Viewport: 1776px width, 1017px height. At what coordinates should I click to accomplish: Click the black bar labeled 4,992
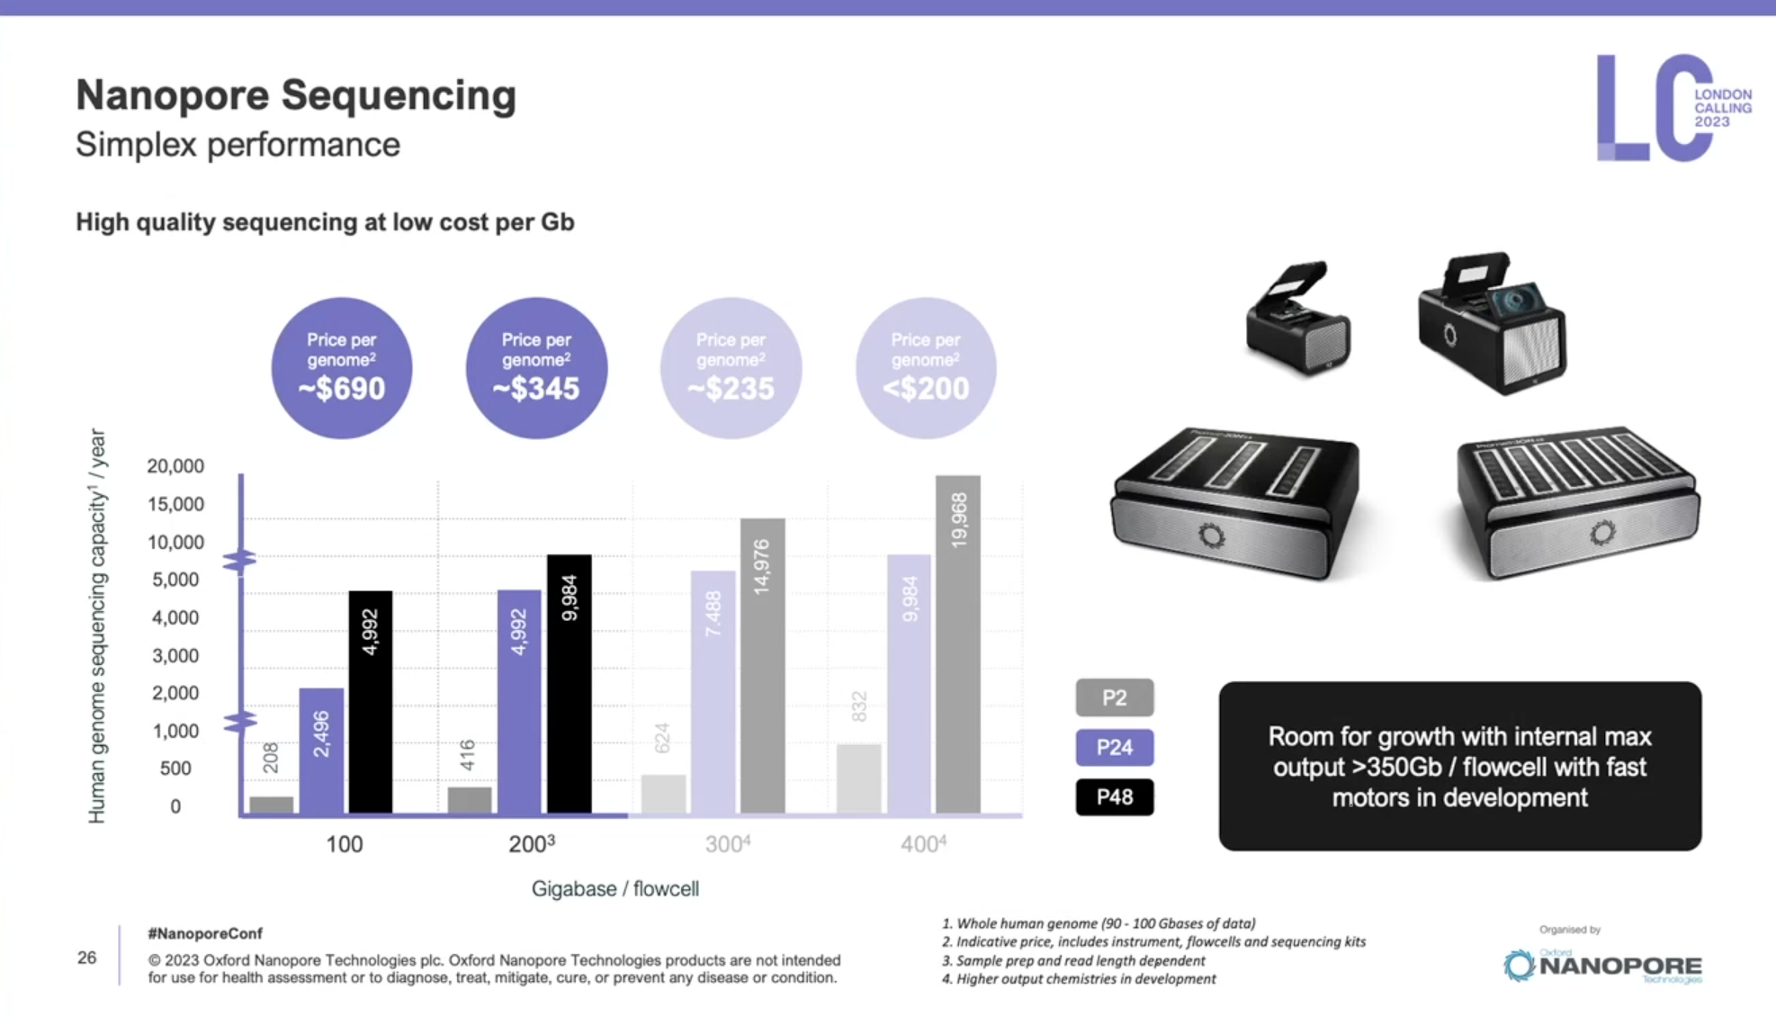(370, 702)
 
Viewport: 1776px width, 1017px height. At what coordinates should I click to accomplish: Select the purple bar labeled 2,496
(321, 751)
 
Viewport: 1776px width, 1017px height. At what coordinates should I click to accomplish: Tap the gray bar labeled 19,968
(958, 644)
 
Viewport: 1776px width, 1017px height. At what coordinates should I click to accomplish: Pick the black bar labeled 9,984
(569, 684)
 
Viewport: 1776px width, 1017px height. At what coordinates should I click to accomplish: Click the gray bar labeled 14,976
(762, 666)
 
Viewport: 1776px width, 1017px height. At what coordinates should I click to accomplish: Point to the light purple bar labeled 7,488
(713, 692)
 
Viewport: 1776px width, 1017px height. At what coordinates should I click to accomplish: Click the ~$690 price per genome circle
(342, 368)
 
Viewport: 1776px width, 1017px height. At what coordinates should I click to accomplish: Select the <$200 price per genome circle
(925, 368)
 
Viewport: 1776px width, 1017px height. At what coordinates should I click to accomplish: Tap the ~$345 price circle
(536, 368)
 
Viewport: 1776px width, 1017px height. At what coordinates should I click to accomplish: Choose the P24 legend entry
(1114, 747)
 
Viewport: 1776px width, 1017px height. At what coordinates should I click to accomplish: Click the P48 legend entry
(1114, 797)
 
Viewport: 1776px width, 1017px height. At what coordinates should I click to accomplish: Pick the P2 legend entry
(1114, 697)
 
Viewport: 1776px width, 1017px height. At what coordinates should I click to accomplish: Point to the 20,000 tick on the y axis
(175, 466)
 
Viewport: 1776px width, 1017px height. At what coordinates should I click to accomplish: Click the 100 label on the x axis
(345, 844)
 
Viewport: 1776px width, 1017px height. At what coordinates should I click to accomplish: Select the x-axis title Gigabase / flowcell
(615, 889)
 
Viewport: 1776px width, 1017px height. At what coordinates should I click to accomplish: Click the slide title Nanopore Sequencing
(296, 95)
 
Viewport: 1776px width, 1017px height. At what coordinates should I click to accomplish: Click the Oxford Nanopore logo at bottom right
(1602, 966)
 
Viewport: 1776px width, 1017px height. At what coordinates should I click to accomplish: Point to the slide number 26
(87, 958)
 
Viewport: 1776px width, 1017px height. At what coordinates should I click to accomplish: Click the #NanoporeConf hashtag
(205, 933)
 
